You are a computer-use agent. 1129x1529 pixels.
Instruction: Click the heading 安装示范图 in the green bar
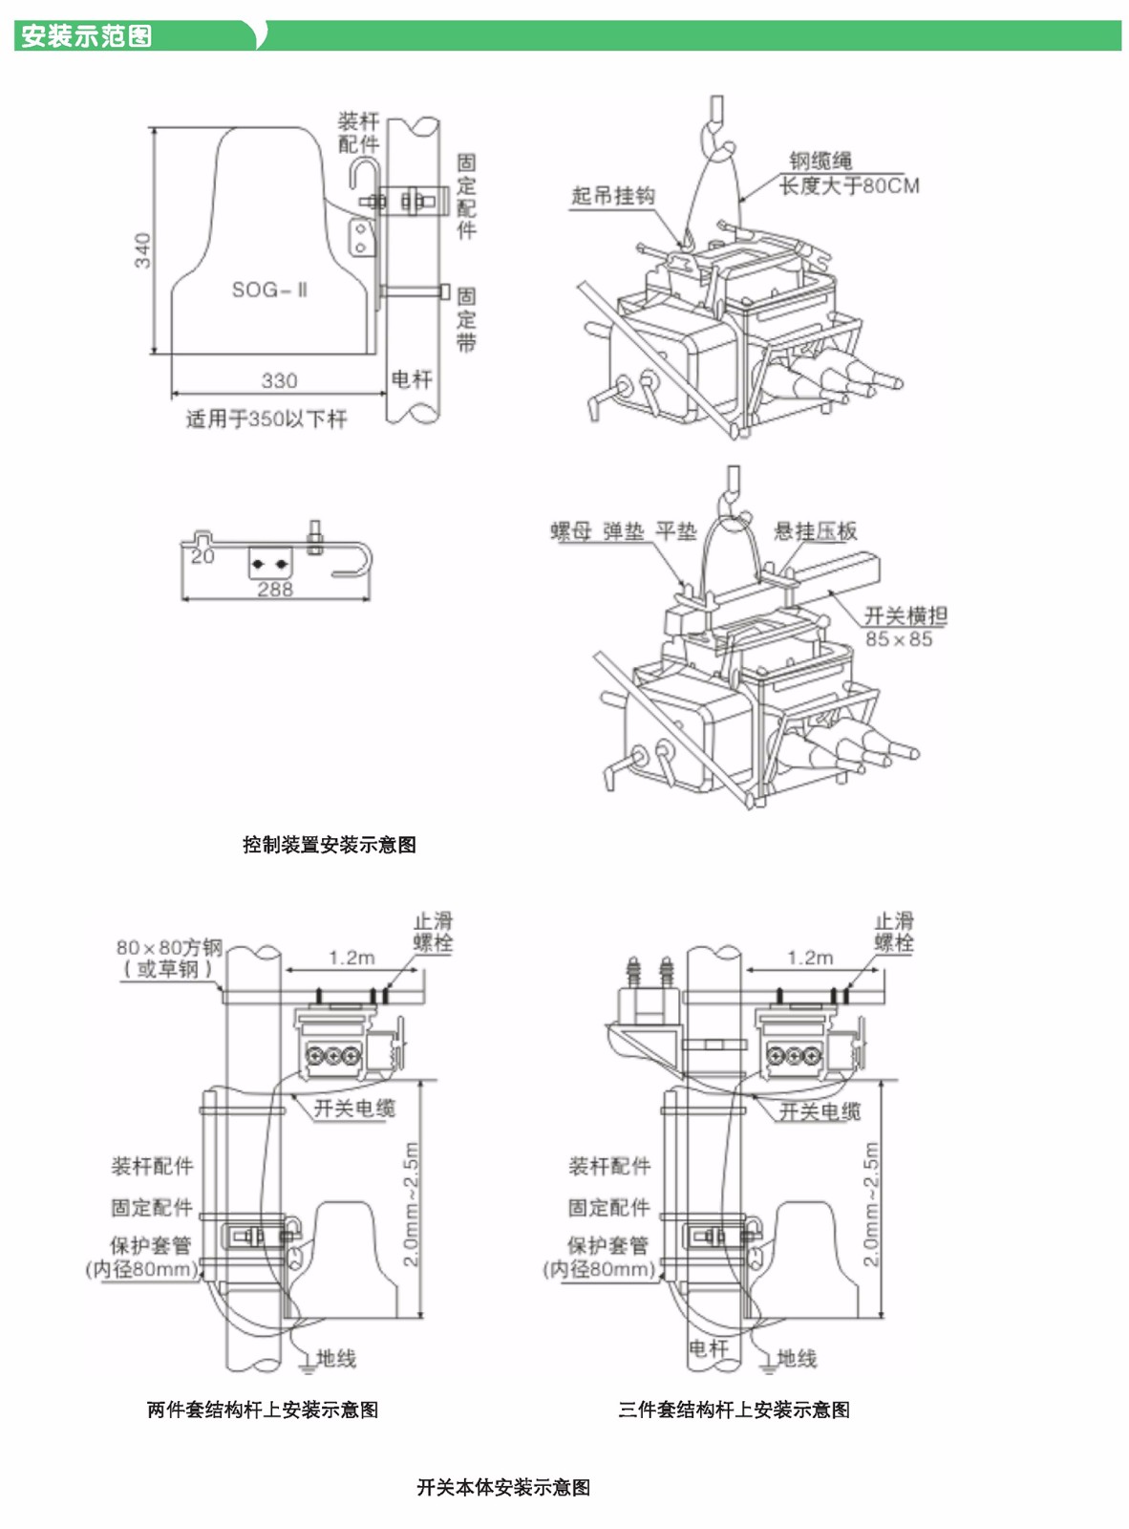click(86, 36)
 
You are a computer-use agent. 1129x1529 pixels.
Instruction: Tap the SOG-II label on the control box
click(269, 290)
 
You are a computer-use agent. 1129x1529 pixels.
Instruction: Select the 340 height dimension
click(142, 250)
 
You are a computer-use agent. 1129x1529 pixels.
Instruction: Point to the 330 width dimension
click(279, 380)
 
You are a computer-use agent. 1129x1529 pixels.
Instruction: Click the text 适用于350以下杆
click(266, 419)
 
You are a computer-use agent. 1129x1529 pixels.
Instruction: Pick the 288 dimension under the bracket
click(275, 590)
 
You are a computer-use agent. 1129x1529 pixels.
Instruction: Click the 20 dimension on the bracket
click(202, 556)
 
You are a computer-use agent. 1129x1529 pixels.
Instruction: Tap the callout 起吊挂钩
click(612, 196)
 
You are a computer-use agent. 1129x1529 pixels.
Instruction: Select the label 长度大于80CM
click(849, 185)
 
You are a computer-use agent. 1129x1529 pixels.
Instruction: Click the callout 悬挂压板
click(815, 531)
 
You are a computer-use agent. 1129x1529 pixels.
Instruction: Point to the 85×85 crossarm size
click(899, 639)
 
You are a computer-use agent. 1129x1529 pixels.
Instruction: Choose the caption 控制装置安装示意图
click(330, 845)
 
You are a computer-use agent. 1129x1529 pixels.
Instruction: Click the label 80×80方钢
click(169, 947)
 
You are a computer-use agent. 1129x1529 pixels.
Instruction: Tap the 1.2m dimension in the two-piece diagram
click(351, 958)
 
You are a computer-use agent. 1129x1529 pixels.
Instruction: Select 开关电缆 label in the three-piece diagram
click(820, 1110)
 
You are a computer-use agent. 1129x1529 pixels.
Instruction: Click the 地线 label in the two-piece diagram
click(335, 1358)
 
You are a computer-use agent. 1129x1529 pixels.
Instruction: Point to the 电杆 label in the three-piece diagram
click(708, 1347)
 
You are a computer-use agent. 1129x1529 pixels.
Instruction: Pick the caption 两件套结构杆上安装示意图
click(263, 1410)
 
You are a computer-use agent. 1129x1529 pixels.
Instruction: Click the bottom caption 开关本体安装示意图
click(503, 1487)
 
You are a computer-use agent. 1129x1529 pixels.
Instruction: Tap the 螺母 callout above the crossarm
click(571, 531)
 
